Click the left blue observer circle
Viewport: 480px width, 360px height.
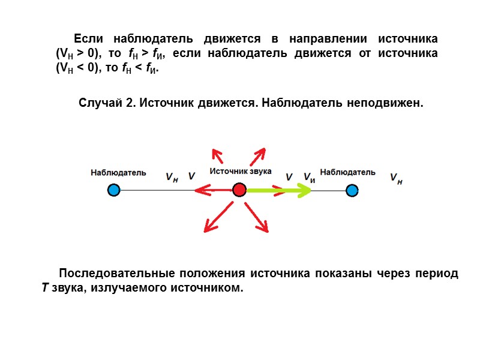[x=113, y=191]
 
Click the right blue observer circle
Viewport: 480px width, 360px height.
[x=352, y=191]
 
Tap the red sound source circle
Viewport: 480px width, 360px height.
[x=239, y=191]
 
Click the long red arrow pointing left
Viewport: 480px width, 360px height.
[x=213, y=191]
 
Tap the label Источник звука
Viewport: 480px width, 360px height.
[x=240, y=171]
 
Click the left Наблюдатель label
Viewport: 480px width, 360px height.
[x=118, y=173]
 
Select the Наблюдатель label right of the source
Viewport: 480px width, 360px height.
[x=348, y=172]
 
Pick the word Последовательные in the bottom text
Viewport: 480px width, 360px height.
[x=114, y=274]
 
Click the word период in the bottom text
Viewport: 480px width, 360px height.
[x=436, y=274]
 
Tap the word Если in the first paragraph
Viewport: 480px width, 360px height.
[x=88, y=38]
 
